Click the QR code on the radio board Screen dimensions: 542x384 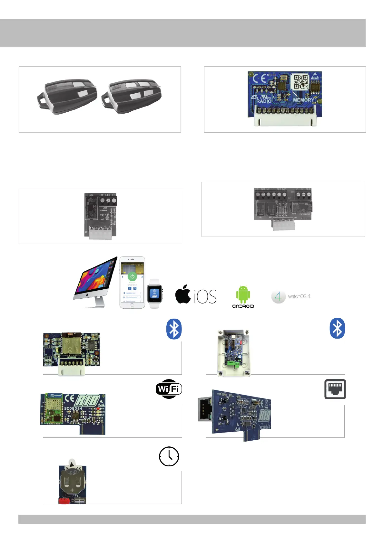(x=300, y=82)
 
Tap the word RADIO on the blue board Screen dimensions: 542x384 (x=264, y=101)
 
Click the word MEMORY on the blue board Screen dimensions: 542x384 (x=303, y=100)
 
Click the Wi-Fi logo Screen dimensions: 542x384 (x=169, y=389)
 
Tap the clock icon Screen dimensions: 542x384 (x=169, y=456)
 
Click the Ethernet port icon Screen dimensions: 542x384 (x=335, y=389)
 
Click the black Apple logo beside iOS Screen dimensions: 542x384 (x=183, y=294)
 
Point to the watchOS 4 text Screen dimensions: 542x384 (x=299, y=296)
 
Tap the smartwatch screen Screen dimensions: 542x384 (x=154, y=294)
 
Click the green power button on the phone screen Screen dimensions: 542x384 (x=132, y=276)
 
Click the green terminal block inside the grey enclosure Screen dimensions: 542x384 (x=233, y=363)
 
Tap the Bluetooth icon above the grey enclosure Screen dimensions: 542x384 (x=337, y=329)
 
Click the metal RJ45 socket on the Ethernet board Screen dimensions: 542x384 (x=204, y=409)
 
